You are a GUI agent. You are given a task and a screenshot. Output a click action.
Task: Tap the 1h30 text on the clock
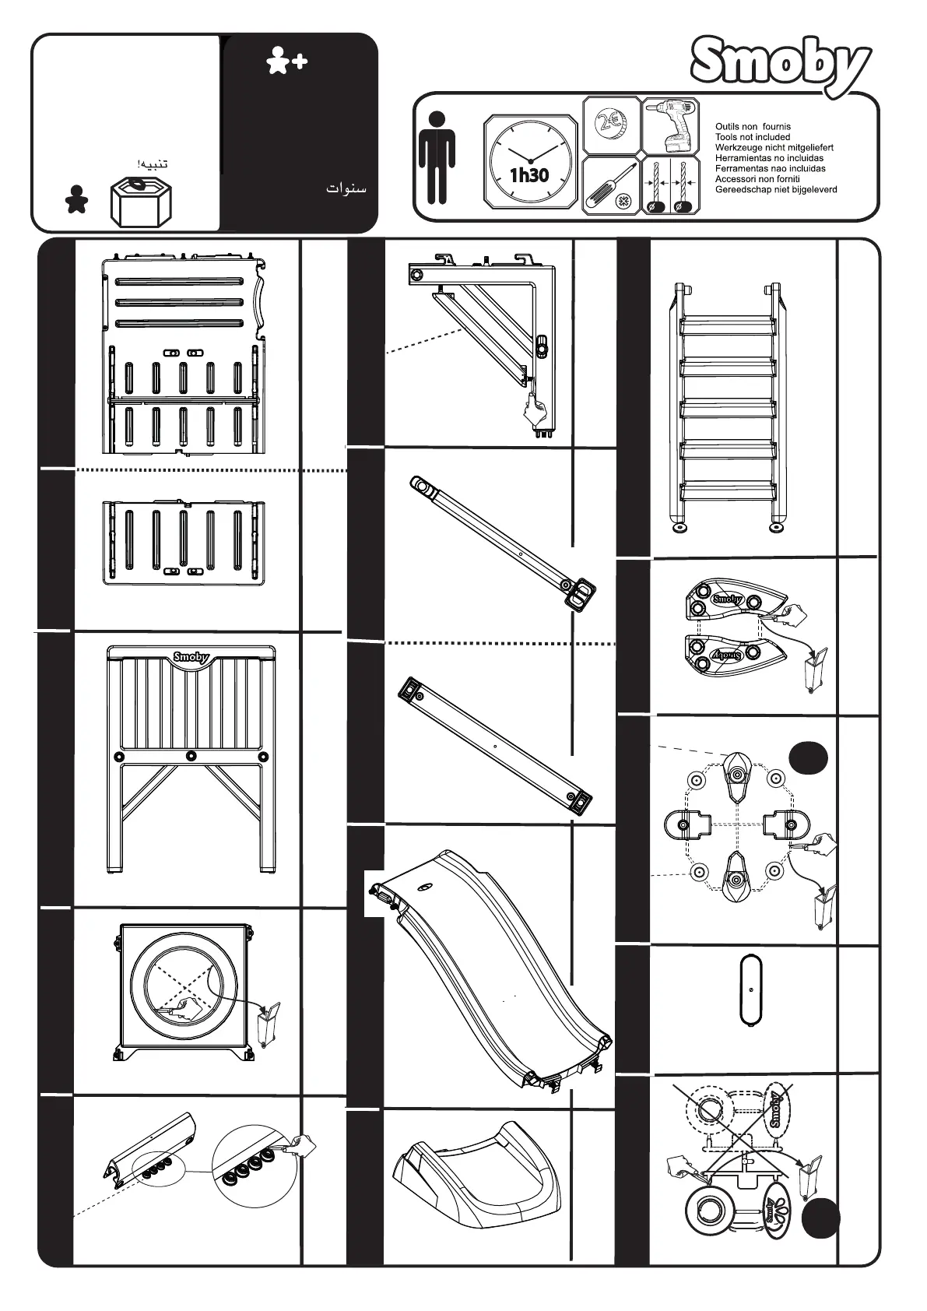click(x=529, y=175)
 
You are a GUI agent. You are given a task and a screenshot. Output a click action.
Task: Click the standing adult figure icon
click(x=437, y=158)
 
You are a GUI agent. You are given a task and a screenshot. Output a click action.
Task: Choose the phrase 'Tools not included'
click(x=752, y=137)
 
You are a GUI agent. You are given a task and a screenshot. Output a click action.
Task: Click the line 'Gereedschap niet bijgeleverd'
click(x=776, y=189)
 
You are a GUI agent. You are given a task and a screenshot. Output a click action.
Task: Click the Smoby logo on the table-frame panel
click(x=191, y=656)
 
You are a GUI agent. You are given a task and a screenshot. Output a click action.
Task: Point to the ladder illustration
click(x=728, y=405)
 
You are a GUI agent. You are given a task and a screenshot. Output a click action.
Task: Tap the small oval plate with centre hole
click(x=750, y=991)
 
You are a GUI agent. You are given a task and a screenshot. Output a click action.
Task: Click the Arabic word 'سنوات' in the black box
click(x=346, y=188)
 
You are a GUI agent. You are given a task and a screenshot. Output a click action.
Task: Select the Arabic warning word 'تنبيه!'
click(x=152, y=164)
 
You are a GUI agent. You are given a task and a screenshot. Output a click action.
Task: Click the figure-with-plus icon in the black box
click(x=286, y=61)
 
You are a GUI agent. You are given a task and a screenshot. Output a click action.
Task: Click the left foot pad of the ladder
click(x=683, y=529)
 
